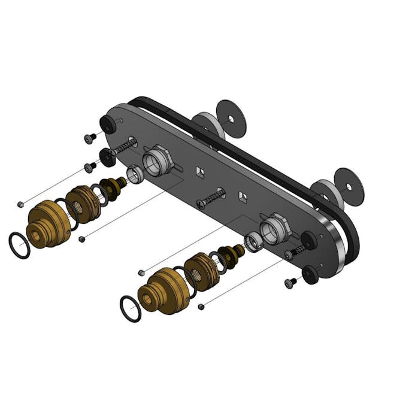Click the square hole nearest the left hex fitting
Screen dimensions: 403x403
(x=199, y=173)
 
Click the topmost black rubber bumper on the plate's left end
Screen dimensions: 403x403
(x=108, y=125)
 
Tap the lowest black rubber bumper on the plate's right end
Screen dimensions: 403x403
(x=310, y=275)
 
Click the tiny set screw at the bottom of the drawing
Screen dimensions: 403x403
(x=201, y=307)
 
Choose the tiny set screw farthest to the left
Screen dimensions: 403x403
(x=20, y=204)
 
